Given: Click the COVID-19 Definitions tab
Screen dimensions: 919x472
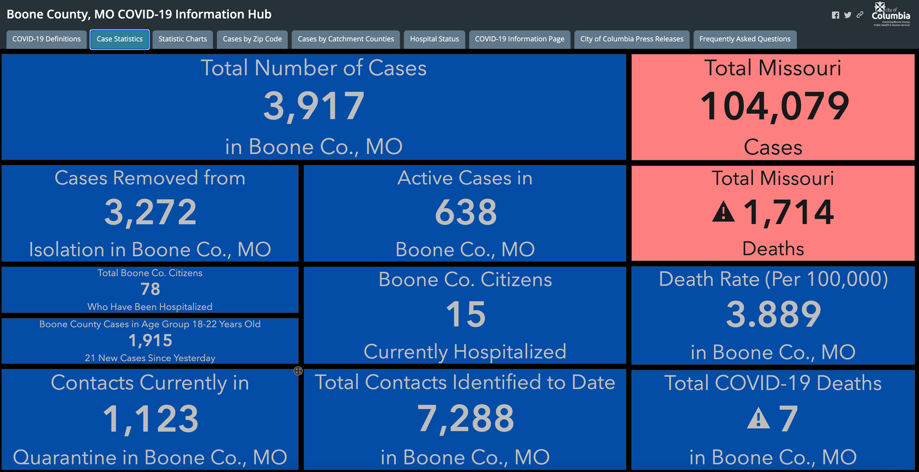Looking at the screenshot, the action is point(47,39).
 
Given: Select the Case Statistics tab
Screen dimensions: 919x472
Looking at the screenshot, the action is point(119,39).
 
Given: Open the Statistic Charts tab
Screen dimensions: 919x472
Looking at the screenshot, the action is point(183,39).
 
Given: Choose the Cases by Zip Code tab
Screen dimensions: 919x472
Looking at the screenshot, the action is point(252,39).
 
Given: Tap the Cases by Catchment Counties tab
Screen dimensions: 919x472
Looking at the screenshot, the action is point(346,39).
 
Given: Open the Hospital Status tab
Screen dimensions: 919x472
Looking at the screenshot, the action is point(434,39).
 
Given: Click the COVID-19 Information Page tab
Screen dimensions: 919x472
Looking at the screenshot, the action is point(520,39).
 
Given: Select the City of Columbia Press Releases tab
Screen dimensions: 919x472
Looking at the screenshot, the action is point(632,39).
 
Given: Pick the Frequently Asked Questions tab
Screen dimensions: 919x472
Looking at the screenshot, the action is point(745,39).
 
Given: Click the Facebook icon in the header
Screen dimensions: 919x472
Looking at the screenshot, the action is point(836,15).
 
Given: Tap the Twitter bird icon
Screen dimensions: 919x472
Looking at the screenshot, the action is point(848,15).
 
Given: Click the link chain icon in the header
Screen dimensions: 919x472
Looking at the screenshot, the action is point(860,15).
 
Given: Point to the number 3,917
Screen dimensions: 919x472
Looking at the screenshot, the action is point(314,106).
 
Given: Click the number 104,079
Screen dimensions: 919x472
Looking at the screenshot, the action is point(775,106).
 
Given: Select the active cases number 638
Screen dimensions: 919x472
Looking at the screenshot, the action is point(466,212).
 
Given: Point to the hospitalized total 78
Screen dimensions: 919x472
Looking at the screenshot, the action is point(150,289).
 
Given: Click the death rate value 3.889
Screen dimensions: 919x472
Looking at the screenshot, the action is point(774,315).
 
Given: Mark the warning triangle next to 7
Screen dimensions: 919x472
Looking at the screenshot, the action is point(758,418).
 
